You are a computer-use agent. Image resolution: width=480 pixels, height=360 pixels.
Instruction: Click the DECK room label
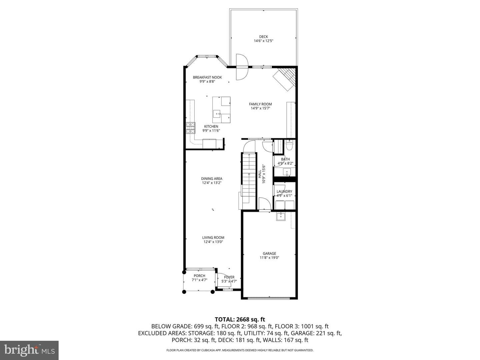(x=264, y=37)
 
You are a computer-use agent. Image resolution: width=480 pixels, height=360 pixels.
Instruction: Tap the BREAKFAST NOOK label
(x=207, y=77)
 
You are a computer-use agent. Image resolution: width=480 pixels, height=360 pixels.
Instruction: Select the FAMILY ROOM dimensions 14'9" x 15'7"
(x=260, y=108)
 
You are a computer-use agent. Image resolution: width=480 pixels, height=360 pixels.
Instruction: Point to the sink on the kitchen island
(x=64, y=114)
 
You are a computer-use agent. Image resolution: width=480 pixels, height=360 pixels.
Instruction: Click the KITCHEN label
(x=211, y=126)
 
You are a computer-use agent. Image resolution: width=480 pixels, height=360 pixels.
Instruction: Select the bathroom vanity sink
(x=287, y=172)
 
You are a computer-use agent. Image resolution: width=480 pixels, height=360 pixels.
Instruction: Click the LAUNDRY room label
(x=284, y=191)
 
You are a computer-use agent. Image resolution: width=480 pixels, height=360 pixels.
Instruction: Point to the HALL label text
(x=260, y=174)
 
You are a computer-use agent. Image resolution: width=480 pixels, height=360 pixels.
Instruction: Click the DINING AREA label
(x=212, y=179)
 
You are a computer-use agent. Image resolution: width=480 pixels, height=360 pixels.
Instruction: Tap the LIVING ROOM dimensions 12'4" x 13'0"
(x=213, y=242)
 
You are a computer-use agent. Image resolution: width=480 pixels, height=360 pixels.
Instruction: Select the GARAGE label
(x=269, y=254)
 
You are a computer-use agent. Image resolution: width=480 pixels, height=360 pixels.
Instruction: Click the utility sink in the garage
(x=280, y=217)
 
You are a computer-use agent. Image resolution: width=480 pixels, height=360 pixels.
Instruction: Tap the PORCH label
(x=199, y=276)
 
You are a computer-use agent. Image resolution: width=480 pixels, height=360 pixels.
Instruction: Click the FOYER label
(x=229, y=277)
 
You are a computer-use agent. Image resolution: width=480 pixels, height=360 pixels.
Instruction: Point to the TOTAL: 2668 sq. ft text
(x=240, y=320)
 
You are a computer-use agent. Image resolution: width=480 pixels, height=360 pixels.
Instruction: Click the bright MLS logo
(x=29, y=350)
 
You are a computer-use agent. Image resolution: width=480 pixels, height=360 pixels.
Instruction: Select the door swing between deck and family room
(x=242, y=67)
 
